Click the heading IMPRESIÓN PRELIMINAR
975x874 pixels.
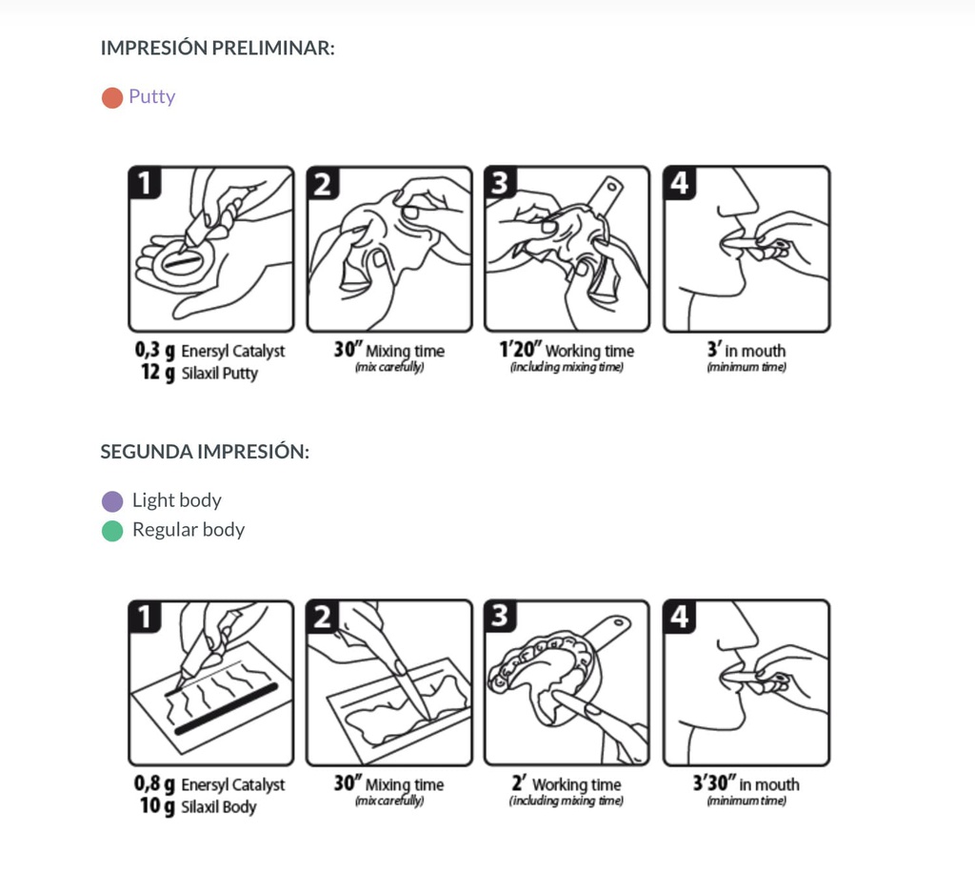pos(217,48)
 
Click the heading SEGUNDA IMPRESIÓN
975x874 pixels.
pos(205,452)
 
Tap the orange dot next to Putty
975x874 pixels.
pos(112,97)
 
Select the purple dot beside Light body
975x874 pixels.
pos(112,501)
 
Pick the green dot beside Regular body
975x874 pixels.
pos(112,531)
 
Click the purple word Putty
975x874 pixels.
pos(152,96)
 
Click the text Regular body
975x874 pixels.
pos(189,530)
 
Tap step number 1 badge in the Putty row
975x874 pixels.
pos(145,182)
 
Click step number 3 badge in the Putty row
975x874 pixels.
pos(500,182)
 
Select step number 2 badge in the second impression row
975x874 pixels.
pos(323,617)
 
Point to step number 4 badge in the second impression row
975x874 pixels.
pos(679,617)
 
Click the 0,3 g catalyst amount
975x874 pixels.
pos(154,351)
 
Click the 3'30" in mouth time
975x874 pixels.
pos(714,784)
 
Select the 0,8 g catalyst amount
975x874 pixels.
pos(154,784)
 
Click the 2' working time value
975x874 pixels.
pos(518,784)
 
